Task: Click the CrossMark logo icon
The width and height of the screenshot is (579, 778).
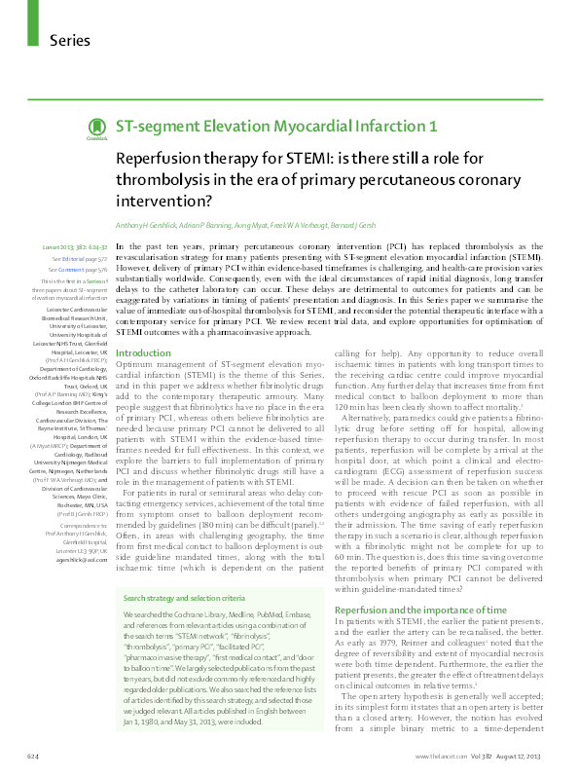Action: tap(96, 129)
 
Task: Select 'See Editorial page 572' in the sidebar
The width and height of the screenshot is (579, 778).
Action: tap(79, 261)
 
